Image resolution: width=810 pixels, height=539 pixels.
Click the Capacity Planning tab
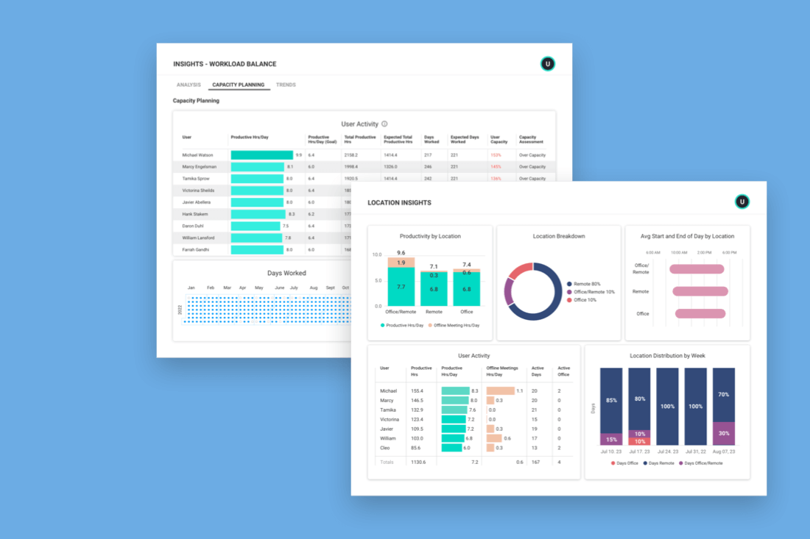238,85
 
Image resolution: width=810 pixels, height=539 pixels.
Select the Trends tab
286,85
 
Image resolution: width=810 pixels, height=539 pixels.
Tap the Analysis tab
189,85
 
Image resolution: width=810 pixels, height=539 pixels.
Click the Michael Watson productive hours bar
261,155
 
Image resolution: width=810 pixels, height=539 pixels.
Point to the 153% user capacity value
496,155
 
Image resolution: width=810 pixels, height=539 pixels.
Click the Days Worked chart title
286,274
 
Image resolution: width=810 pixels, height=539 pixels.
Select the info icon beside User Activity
384,124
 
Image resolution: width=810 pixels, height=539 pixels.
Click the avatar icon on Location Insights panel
742,201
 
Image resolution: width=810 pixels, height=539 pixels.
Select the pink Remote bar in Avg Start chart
700,291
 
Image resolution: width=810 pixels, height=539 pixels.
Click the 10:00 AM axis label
678,252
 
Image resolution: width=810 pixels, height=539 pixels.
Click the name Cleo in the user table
386,448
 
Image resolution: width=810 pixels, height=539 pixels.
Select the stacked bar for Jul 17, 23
640,407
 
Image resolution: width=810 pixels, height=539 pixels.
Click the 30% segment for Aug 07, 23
724,433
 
